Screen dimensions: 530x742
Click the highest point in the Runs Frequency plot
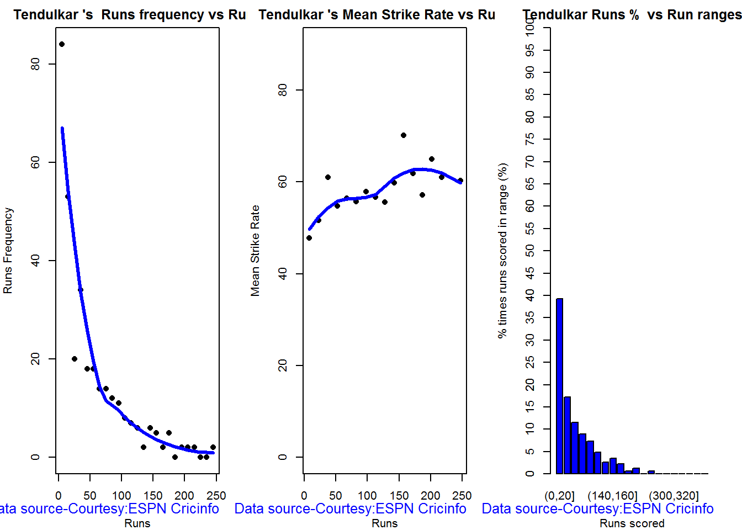coord(62,44)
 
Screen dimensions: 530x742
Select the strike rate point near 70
coord(404,135)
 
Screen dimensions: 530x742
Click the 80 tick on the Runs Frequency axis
coord(36,64)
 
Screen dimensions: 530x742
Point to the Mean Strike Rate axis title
coord(255,251)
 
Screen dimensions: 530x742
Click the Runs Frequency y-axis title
coord(8,251)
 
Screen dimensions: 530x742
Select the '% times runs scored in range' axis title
coord(502,251)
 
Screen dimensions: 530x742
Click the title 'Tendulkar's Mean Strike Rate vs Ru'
coord(377,15)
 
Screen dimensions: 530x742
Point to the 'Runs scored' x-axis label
coord(632,523)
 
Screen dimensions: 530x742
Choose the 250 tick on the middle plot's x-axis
coord(462,495)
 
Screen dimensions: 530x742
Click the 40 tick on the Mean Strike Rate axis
coord(283,273)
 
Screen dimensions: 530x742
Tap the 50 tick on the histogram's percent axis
coord(530,251)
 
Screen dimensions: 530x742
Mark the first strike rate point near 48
coord(309,238)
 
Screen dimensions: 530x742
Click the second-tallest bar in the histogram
coord(567,435)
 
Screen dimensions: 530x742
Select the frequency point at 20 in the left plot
coord(75,359)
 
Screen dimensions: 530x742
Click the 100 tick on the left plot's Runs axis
coord(121,495)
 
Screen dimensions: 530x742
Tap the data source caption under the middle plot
coord(350,508)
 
